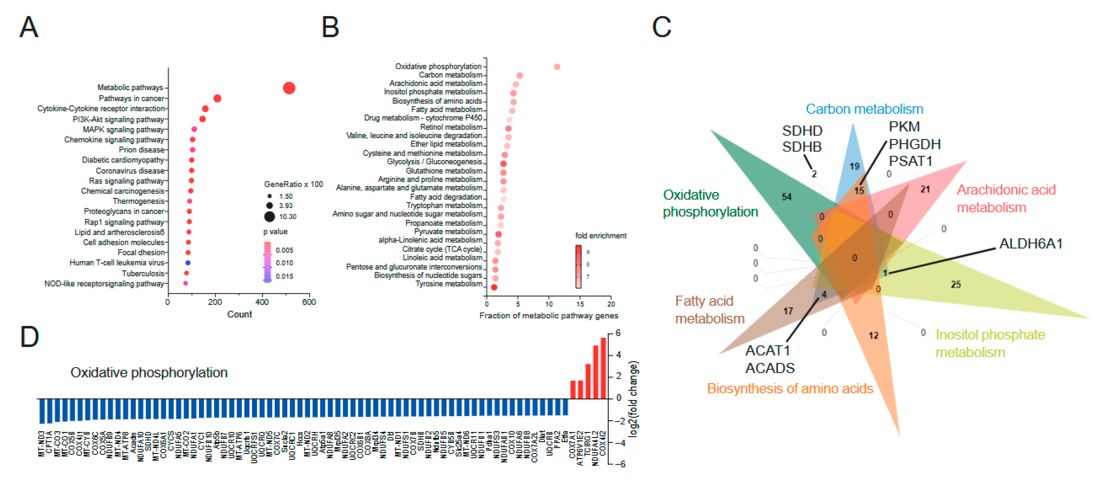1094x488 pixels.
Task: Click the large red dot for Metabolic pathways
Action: click(x=289, y=88)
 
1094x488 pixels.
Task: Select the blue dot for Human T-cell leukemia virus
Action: click(x=188, y=263)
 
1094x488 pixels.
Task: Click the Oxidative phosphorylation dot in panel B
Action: click(x=557, y=67)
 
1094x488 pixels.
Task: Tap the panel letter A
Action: click(x=29, y=27)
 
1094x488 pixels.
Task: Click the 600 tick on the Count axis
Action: click(x=309, y=302)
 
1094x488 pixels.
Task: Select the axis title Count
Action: click(x=239, y=314)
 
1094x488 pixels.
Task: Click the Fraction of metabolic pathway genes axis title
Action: click(x=548, y=315)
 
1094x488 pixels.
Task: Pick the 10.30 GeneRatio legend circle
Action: click(x=269, y=217)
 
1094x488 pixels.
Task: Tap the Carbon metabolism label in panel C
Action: click(x=864, y=109)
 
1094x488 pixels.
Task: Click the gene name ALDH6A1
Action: click(x=1031, y=244)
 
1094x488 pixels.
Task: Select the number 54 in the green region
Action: click(x=786, y=197)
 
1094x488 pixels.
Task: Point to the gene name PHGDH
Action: click(x=914, y=144)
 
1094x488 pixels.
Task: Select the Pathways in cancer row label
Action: click(x=131, y=98)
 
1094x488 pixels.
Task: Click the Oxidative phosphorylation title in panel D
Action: click(x=149, y=372)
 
